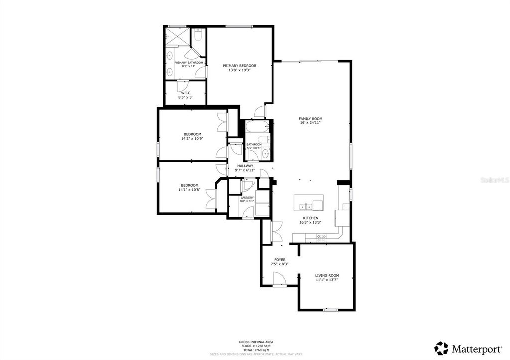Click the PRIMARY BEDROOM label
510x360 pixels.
(240, 66)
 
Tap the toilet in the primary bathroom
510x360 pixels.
(198, 35)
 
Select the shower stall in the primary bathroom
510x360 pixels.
(174, 36)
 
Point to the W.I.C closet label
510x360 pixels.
(185, 93)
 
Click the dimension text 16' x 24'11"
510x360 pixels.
(310, 122)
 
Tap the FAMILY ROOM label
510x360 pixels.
(310, 118)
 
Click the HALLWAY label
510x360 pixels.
(245, 166)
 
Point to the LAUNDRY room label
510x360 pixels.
(247, 197)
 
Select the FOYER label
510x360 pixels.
(280, 260)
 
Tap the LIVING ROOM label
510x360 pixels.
(327, 275)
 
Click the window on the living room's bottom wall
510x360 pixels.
(330, 310)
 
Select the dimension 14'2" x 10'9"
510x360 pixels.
(192, 139)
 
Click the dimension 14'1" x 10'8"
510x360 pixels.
(189, 189)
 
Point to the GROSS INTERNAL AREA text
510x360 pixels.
(255, 342)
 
